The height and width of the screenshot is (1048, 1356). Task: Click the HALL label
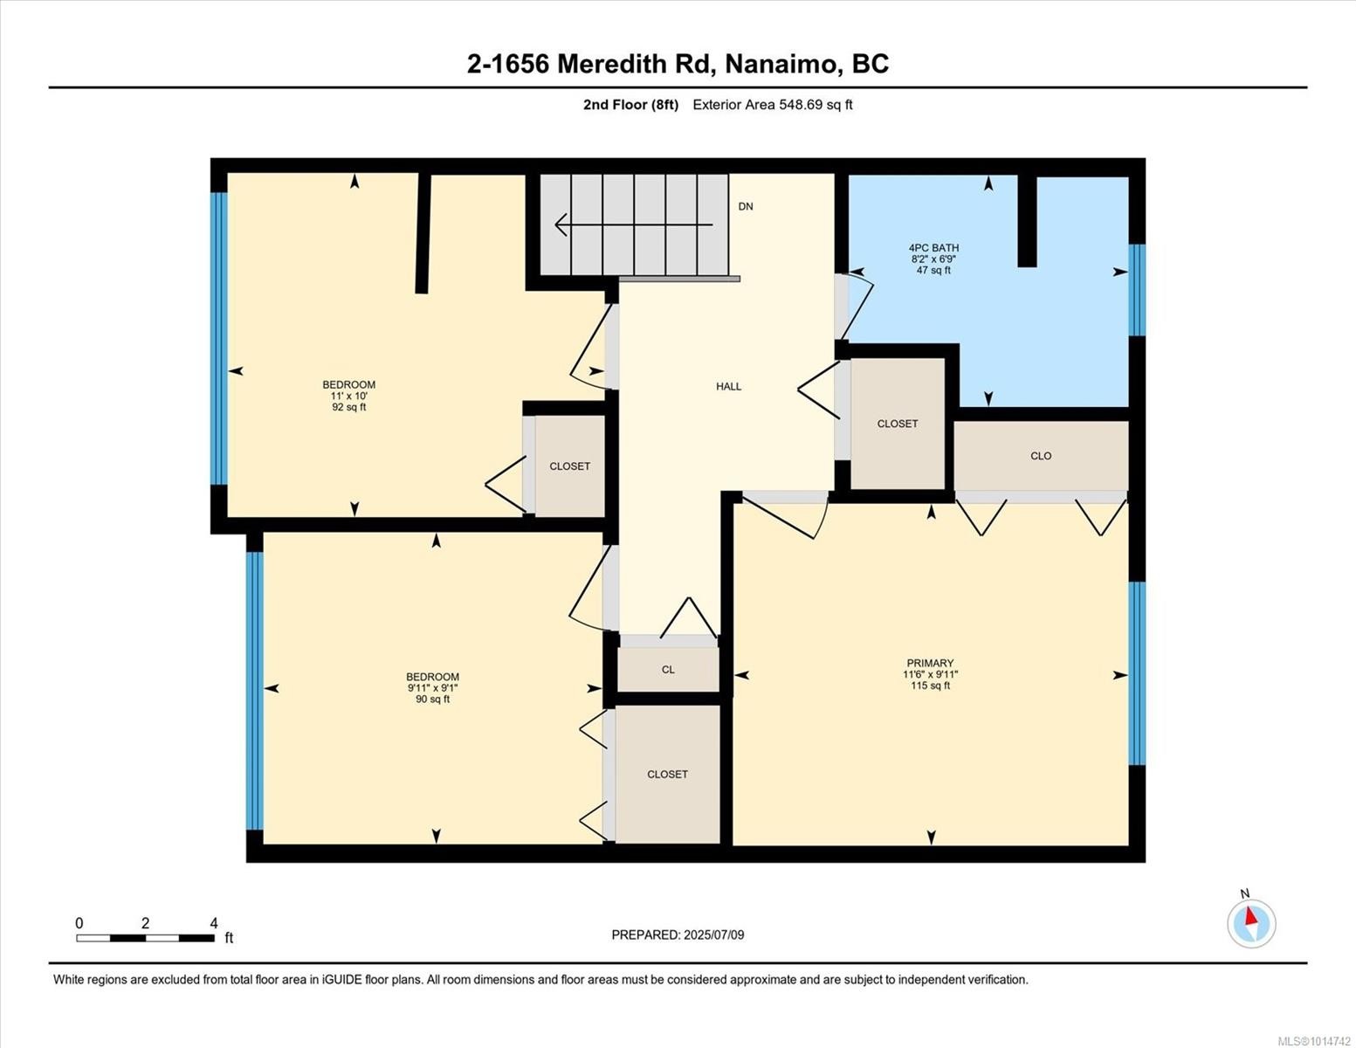(x=728, y=386)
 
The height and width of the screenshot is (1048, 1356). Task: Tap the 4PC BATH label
(x=933, y=248)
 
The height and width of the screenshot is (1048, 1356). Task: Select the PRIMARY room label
(x=930, y=663)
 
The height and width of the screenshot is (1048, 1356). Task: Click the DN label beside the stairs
(x=745, y=207)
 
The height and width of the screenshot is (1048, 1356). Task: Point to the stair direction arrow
(x=633, y=224)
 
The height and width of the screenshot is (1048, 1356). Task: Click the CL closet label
(x=668, y=670)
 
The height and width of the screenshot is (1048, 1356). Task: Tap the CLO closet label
(x=1040, y=456)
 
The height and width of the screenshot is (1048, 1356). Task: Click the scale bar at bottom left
(x=146, y=938)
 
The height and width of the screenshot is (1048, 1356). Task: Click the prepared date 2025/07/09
(x=714, y=935)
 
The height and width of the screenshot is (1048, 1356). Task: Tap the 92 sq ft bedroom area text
(x=349, y=408)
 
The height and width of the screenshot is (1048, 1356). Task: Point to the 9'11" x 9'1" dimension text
(x=432, y=688)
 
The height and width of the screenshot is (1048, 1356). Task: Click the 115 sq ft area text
(x=930, y=686)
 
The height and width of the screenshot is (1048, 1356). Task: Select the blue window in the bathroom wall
(x=1137, y=290)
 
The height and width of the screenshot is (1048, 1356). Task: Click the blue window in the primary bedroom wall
(x=1137, y=673)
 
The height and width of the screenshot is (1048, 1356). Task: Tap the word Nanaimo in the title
(x=781, y=65)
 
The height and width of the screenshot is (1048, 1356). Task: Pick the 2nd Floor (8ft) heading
(x=630, y=105)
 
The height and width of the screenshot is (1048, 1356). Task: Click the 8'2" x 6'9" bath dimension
(x=933, y=259)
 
